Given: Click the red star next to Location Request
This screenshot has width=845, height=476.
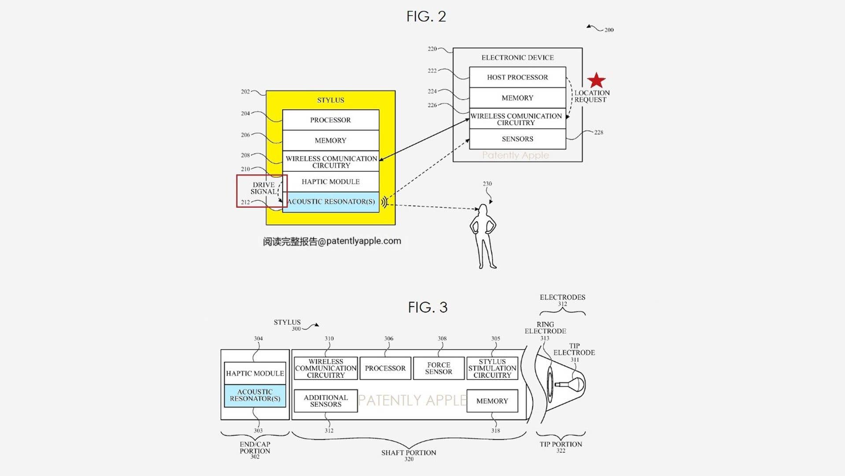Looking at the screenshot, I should [x=596, y=81].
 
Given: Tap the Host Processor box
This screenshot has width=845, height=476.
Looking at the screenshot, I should [x=517, y=77].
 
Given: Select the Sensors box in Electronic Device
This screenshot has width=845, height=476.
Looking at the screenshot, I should [x=517, y=139].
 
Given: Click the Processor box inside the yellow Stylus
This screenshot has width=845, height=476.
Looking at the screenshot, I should [x=330, y=120].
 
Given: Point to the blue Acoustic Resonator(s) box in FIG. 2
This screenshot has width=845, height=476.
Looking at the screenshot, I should [x=331, y=202].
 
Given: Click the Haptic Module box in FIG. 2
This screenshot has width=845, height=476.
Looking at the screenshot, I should [x=330, y=182].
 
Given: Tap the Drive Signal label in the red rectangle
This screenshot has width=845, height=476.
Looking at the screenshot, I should [x=263, y=188].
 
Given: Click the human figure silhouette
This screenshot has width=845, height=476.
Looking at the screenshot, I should [x=483, y=236].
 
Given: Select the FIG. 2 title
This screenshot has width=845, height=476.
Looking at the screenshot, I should [x=426, y=17].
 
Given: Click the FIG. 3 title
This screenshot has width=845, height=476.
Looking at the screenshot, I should [x=428, y=307].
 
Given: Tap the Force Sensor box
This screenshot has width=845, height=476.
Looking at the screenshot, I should [x=439, y=368].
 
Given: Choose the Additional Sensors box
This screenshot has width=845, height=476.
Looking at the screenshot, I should [x=325, y=401].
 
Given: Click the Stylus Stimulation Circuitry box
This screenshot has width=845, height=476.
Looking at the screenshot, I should [x=492, y=368].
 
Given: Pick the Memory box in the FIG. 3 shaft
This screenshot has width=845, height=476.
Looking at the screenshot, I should [x=492, y=401].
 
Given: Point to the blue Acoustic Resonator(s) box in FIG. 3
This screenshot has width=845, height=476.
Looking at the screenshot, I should [x=255, y=395].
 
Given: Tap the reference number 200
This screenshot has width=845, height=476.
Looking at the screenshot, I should [x=609, y=30].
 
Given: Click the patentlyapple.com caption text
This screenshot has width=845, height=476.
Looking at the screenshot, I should [x=332, y=241].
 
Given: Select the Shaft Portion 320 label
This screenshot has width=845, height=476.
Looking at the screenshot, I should [x=409, y=455].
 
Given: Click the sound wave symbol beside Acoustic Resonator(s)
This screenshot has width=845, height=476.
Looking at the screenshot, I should [x=384, y=202].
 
